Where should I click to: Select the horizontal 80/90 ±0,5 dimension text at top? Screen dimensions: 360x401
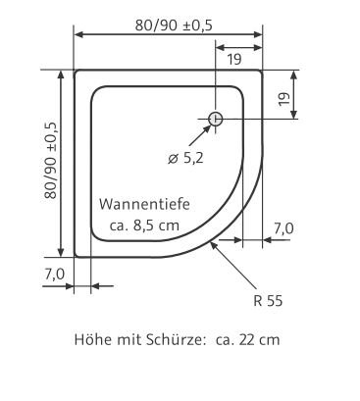[174, 25]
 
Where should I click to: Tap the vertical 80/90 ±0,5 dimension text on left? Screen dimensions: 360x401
[51, 161]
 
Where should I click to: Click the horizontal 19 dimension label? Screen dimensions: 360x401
[234, 59]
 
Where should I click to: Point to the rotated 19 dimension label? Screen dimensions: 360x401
[284, 99]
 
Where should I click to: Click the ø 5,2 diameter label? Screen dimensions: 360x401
[185, 159]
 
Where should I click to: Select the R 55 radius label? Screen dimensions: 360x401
[268, 301]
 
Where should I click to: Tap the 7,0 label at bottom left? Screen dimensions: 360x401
[55, 275]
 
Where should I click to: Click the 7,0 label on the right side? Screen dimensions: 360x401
[283, 228]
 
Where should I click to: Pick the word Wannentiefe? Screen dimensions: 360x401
[144, 204]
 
